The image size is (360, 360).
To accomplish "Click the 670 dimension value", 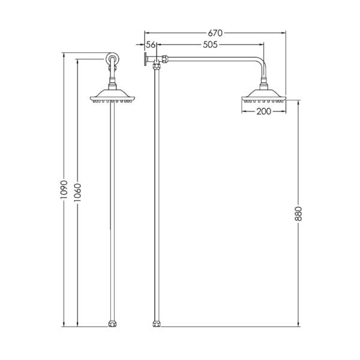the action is tap(215, 33).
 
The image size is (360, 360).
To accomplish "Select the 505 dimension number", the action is tap(210, 45).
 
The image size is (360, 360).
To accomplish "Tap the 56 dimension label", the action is tap(151, 45).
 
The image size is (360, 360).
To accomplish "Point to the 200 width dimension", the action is tap(264, 112).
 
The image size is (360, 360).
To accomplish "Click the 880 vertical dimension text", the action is tap(298, 214).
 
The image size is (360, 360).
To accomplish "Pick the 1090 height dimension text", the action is tap(64, 190).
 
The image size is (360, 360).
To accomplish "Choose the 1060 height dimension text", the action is tap(77, 193).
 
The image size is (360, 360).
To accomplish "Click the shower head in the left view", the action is tap(112, 96).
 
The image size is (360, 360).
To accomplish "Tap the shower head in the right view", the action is tap(264, 97).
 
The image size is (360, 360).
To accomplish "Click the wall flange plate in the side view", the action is tap(145, 59).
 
